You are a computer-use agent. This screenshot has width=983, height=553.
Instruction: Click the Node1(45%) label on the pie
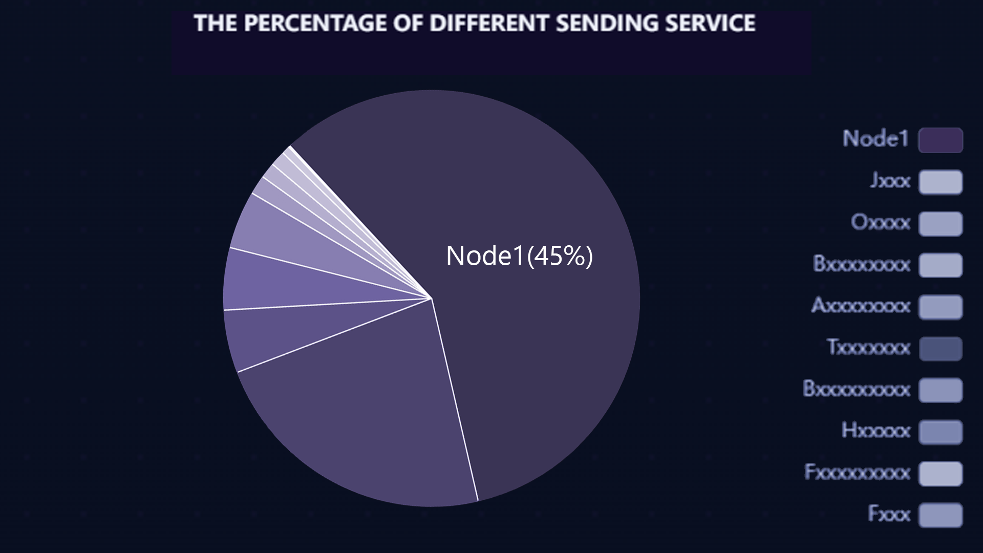(519, 256)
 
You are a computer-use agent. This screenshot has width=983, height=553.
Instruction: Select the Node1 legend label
(875, 139)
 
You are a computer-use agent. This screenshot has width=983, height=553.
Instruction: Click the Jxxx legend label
(890, 181)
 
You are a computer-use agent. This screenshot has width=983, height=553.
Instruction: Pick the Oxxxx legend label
(881, 223)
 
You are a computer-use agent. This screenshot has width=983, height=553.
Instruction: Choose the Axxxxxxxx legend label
(861, 306)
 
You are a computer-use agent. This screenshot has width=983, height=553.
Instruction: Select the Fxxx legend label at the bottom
(889, 514)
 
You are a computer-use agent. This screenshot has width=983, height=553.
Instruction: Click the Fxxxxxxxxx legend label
(858, 473)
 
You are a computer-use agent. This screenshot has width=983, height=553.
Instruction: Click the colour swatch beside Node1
(941, 140)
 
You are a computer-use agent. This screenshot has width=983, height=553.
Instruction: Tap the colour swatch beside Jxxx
(941, 182)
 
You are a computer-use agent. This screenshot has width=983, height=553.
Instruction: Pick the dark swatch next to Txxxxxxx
(941, 349)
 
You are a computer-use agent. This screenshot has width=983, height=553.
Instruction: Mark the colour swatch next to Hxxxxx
(941, 432)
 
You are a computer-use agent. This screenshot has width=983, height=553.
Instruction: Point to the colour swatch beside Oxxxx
(941, 224)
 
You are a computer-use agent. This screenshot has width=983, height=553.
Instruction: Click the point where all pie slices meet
(432, 298)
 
